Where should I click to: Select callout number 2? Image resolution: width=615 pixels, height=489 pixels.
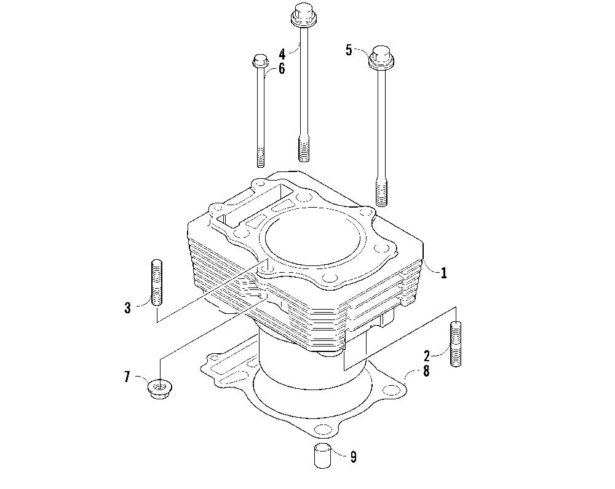426,354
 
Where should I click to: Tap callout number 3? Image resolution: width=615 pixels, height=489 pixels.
127,307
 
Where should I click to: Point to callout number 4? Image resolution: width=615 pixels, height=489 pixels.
282,53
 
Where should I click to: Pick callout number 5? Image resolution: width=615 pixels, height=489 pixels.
349,50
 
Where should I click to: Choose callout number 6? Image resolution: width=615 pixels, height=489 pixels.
282,68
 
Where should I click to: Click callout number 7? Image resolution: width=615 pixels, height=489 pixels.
127,377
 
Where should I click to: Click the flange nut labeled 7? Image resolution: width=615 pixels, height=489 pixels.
160,388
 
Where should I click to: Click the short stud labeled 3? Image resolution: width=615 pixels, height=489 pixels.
157,283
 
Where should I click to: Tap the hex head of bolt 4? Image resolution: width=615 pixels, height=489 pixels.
302,14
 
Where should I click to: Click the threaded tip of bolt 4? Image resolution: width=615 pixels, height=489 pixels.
302,149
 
